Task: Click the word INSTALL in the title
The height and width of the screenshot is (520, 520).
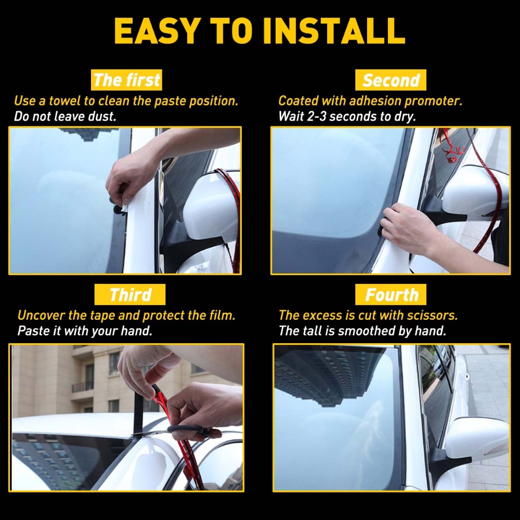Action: pos(334,31)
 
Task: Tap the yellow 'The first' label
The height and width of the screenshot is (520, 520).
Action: pos(127,81)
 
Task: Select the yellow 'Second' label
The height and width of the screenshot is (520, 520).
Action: pos(391,81)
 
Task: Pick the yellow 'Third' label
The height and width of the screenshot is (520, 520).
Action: pos(130,295)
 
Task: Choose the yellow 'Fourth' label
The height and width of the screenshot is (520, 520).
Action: pos(391,295)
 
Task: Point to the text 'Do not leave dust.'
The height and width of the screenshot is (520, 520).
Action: pos(65,116)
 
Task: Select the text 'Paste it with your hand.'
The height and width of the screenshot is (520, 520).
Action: pos(85,331)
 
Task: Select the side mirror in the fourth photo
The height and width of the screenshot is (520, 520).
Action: pos(476,437)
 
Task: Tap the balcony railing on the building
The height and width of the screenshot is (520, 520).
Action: pos(82,387)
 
